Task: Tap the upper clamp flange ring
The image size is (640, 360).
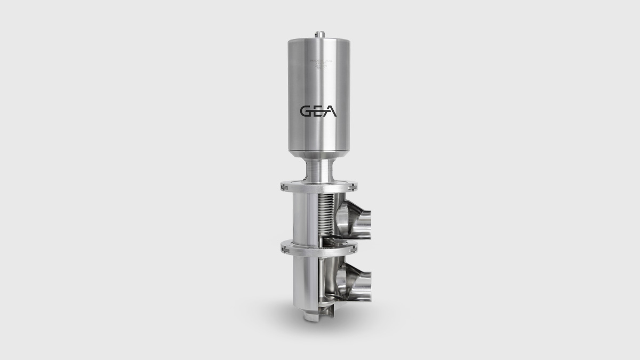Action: coord(318,187)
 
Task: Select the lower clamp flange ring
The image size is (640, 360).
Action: coord(318,247)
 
